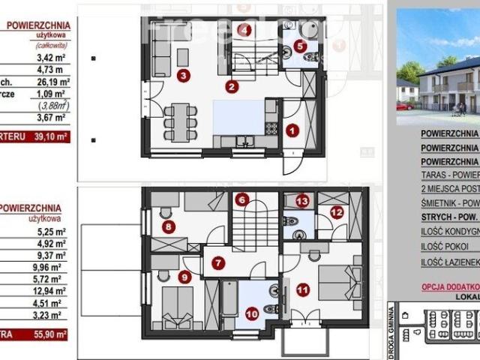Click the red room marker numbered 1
(292, 130)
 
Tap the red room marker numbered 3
(182, 74)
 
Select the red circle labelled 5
(299, 45)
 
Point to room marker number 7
(217, 263)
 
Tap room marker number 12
(336, 213)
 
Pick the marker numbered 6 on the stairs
(241, 199)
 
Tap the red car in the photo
(403, 106)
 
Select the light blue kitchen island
(238, 117)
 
